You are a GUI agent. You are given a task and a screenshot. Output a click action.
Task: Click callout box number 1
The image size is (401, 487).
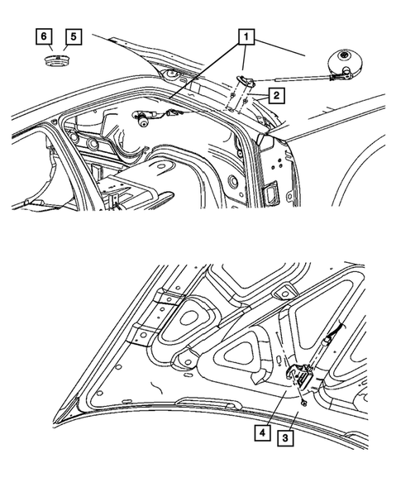point(245,36)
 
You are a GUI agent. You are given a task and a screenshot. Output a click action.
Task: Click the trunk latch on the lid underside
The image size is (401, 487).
point(299,376)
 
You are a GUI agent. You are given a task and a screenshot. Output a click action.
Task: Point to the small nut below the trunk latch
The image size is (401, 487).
point(305,403)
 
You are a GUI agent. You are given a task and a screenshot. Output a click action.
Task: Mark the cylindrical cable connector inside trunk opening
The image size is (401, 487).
point(146,121)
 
